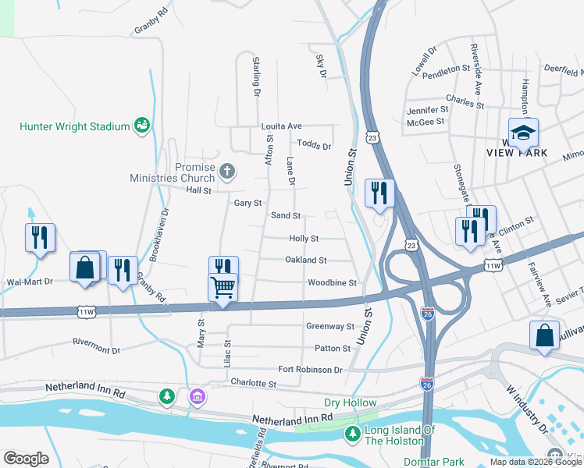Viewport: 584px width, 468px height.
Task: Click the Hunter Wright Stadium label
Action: pos(74,126)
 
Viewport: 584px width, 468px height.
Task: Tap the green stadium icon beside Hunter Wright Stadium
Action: pos(141,126)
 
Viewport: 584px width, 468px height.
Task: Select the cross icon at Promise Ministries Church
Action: pos(226,171)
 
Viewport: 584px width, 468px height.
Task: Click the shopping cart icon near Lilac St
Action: pos(223,288)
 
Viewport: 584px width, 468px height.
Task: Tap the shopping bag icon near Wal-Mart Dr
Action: pos(85,268)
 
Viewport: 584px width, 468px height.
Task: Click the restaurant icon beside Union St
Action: pos(379,193)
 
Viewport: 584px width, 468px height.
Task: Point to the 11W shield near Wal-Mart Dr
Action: pos(86,312)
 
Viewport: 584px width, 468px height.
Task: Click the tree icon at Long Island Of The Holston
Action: pos(352,434)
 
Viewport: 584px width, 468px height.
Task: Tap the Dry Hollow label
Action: pos(351,403)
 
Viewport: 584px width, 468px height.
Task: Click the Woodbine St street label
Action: pos(332,282)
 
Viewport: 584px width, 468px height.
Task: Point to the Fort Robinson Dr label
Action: pos(310,369)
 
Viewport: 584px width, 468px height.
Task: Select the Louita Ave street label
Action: pos(281,126)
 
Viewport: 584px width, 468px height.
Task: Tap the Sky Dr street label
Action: pos(319,66)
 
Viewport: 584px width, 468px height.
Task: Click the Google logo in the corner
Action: pos(26,459)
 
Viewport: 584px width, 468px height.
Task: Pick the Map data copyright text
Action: pos(536,462)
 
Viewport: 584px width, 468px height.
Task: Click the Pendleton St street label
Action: pos(447,69)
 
